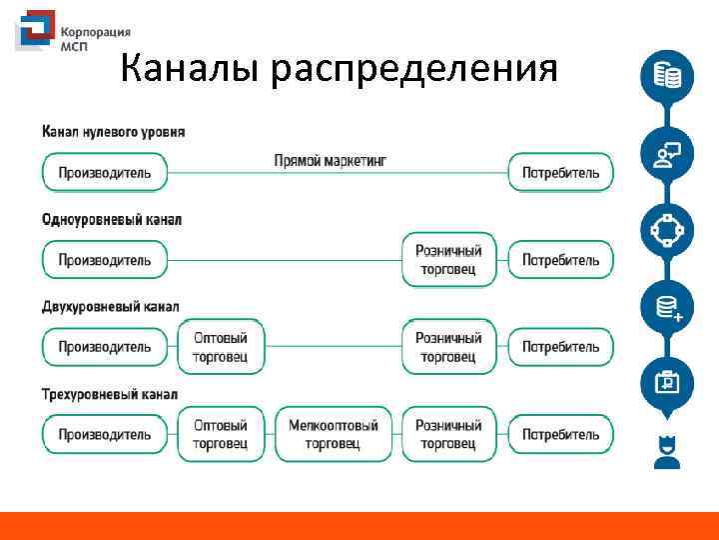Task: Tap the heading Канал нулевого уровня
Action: pyautogui.click(x=113, y=132)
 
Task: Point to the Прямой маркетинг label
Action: pyautogui.click(x=330, y=160)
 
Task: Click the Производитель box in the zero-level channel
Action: pyautogui.click(x=104, y=172)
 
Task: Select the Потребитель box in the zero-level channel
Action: pyautogui.click(x=560, y=172)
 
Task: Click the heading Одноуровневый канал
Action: pyautogui.click(x=112, y=219)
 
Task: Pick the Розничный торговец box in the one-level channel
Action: pyautogui.click(x=448, y=260)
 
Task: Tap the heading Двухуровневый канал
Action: pyautogui.click(x=111, y=306)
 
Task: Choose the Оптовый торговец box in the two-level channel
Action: pyautogui.click(x=220, y=347)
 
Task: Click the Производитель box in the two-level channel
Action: pyautogui.click(x=104, y=347)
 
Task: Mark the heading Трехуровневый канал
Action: pyautogui.click(x=110, y=394)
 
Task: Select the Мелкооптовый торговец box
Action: pyautogui.click(x=333, y=434)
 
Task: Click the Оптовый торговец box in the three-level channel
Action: pyautogui.click(x=220, y=434)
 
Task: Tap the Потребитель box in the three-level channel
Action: pyautogui.click(x=560, y=434)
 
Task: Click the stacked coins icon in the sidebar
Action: pyautogui.click(x=666, y=76)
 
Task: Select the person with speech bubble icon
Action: pyautogui.click(x=666, y=153)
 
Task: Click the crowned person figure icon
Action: pyautogui.click(x=666, y=451)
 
